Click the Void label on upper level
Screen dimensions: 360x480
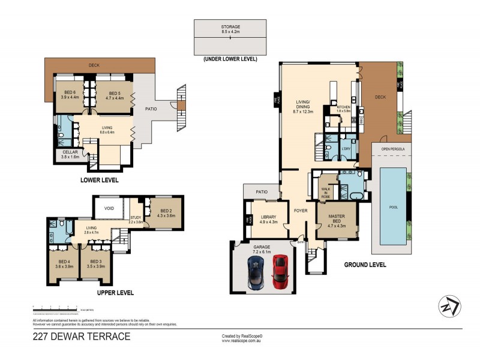tap(109, 208)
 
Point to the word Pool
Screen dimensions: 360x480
tap(394, 207)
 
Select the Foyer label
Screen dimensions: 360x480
tap(301, 211)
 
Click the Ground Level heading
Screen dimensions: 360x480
tap(365, 265)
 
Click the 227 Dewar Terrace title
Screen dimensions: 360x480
tap(81, 337)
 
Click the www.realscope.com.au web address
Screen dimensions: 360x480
tap(244, 341)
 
